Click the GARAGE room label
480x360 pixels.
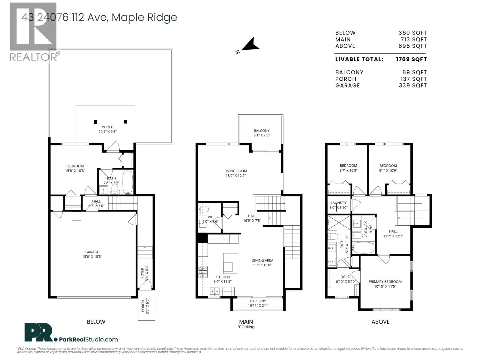coord(92,252)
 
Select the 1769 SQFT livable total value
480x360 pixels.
coord(411,59)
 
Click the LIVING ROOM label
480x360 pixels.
coord(235,171)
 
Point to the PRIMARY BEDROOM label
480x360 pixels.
coord(385,281)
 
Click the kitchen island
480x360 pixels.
coord(231,263)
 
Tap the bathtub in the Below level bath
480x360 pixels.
coord(127,182)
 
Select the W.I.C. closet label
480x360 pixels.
coord(346,277)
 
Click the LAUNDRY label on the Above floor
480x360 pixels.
coord(338,203)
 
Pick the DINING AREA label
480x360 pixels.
coord(262,260)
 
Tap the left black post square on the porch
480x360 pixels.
coord(95,122)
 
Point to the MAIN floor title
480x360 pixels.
coord(246,322)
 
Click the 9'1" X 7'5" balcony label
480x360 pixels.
coord(261,135)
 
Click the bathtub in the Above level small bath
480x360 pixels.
coord(363,248)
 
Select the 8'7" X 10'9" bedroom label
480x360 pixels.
coord(348,170)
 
